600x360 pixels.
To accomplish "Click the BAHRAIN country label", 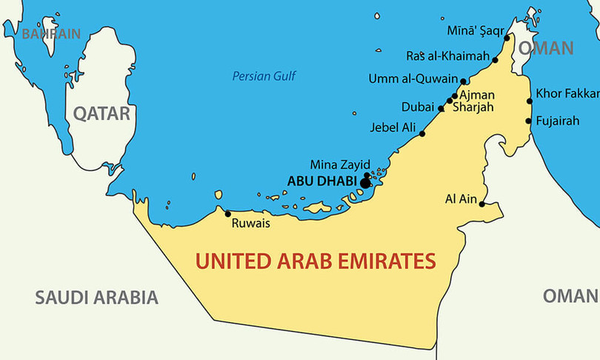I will coord(50,33).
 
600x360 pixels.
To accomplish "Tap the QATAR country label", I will coord(101,113).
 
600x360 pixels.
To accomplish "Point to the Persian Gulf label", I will coord(263,76).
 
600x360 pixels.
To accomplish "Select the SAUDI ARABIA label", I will coord(97,298).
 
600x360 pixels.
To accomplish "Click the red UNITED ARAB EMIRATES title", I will coord(315,261).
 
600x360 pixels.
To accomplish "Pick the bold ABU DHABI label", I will coord(321,181).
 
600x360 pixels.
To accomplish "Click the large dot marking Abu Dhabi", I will coord(364,181).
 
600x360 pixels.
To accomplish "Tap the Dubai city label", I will coord(417,107).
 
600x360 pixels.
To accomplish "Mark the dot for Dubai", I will coord(441,108).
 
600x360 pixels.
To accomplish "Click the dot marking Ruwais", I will coord(227,213).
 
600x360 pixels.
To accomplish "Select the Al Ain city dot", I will coord(481,204).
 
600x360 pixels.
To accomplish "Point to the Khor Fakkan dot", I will coord(529,101).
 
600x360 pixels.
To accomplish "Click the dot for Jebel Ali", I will coord(422,133).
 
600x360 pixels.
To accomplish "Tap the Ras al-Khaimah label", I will coord(447,56).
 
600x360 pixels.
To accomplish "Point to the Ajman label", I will coord(477,95).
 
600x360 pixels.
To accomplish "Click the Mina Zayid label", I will coord(339,164).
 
